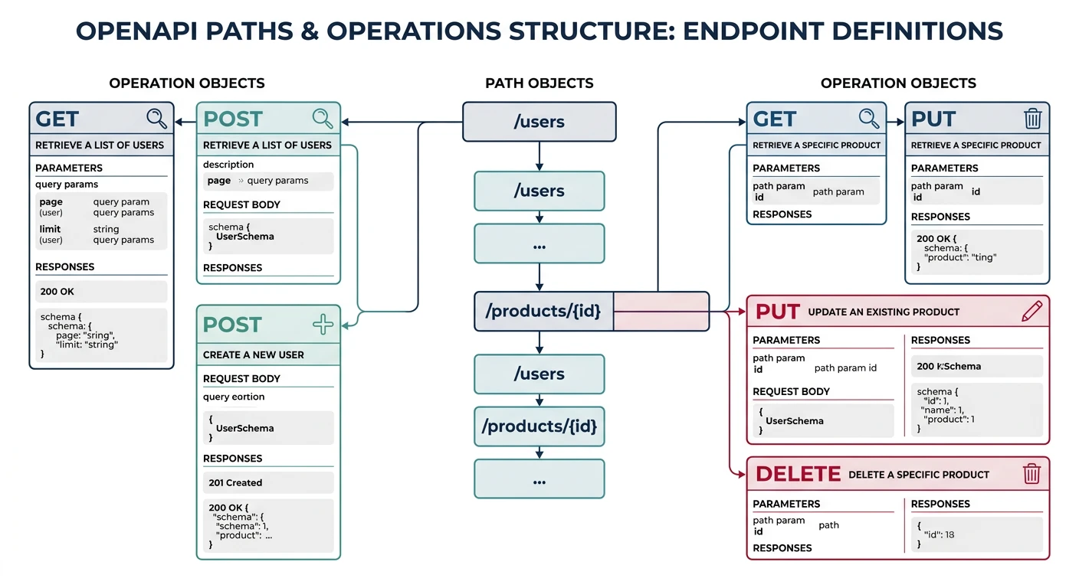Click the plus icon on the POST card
(x=323, y=325)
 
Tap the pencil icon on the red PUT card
(x=1032, y=311)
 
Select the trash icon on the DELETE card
(x=1032, y=474)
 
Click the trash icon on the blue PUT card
(x=1032, y=119)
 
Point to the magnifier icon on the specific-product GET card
(x=869, y=119)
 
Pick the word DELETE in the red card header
(x=798, y=475)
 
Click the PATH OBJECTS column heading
(x=539, y=83)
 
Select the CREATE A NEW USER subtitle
(x=253, y=355)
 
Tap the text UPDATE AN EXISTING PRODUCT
(x=884, y=312)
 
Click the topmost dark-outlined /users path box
(x=539, y=122)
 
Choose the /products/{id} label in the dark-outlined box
(x=543, y=311)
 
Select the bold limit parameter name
(x=50, y=229)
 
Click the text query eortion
(x=234, y=397)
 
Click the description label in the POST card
(x=228, y=165)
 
